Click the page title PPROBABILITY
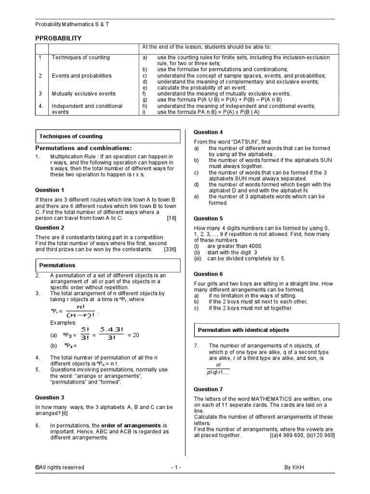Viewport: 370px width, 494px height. pos(59,38)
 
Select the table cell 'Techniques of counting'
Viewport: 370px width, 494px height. pos(80,57)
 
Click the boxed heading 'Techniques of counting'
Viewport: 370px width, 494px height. pos(70,137)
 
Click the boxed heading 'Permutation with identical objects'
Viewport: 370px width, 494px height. pos(243,330)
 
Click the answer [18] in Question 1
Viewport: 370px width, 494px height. pos(172,218)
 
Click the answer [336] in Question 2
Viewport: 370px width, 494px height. pos(170,250)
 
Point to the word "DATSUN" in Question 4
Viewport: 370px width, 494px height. pos(237,142)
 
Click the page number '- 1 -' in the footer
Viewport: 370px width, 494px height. pos(176,467)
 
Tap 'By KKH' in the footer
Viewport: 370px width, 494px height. pos(294,467)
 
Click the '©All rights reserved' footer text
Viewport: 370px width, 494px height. pos(59,467)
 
